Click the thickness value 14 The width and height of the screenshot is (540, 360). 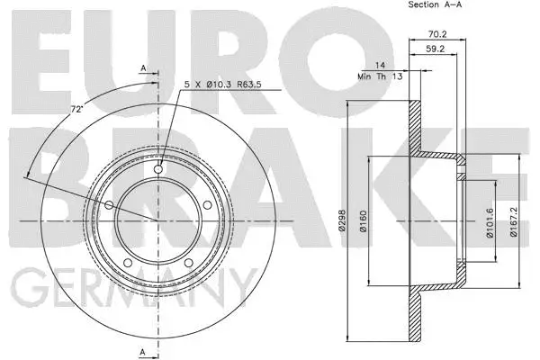click(x=382, y=65)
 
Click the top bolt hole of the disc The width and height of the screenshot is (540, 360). click(x=158, y=170)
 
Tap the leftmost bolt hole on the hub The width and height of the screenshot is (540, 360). click(x=111, y=205)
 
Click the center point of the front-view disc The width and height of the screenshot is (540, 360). click(x=158, y=220)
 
